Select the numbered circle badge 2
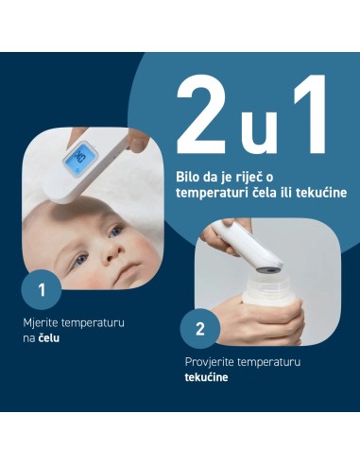click(x=199, y=329)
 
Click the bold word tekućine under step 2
click(x=206, y=377)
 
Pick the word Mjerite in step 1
click(x=42, y=323)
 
